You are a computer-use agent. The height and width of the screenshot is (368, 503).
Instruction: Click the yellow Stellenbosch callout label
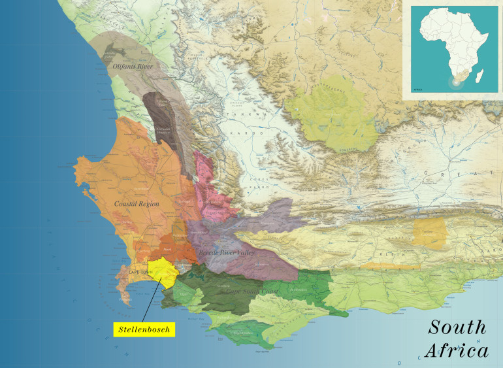coord(144,329)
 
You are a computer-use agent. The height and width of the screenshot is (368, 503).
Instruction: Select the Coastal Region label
coord(137,204)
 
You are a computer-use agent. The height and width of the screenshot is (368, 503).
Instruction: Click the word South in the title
coord(457,327)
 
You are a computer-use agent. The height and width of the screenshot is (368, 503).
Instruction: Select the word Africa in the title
coord(456,350)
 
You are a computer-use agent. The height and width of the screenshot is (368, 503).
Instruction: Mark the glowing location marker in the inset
coord(451,83)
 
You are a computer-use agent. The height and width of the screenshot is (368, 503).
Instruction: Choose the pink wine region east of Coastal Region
coord(211,186)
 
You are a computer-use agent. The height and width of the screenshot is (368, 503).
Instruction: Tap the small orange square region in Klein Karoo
coord(428,232)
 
